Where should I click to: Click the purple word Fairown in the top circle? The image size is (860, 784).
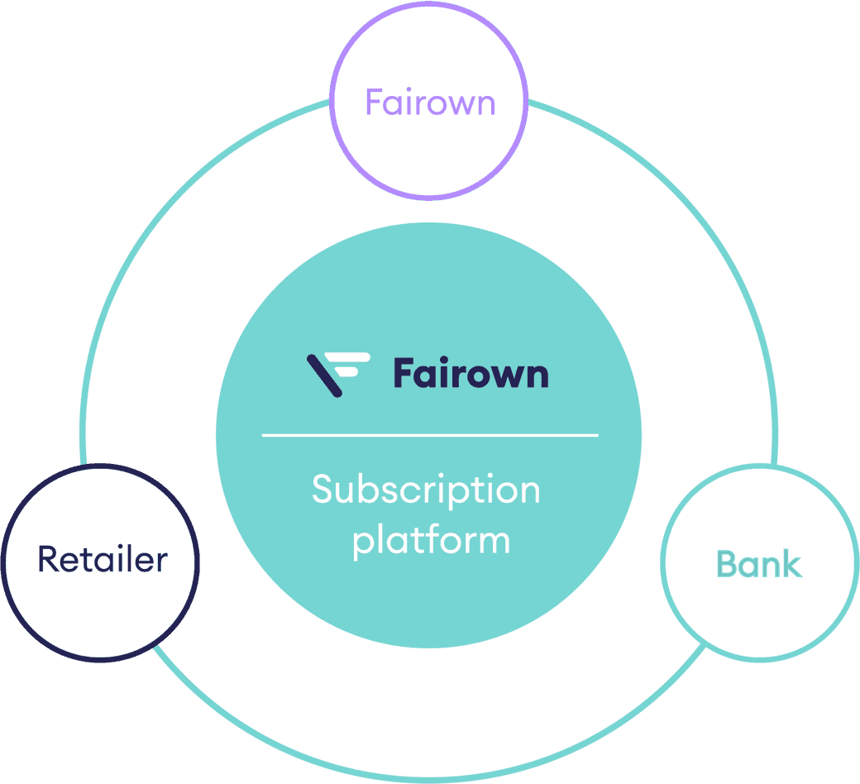pos(429,103)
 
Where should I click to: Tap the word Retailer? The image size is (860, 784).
pos(103,560)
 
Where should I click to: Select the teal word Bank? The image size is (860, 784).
pos(758,565)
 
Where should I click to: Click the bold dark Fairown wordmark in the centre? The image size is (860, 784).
pos(470,373)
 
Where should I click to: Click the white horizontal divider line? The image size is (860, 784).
pos(429,434)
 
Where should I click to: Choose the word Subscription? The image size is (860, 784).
pos(426,491)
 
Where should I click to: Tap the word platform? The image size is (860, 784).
pos(431,541)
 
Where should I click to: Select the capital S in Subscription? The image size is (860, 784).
pos(322,490)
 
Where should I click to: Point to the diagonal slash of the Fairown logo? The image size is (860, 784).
pos(323,376)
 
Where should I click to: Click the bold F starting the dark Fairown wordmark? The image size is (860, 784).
pos(404,373)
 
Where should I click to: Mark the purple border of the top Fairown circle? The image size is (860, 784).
pos(429,198)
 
